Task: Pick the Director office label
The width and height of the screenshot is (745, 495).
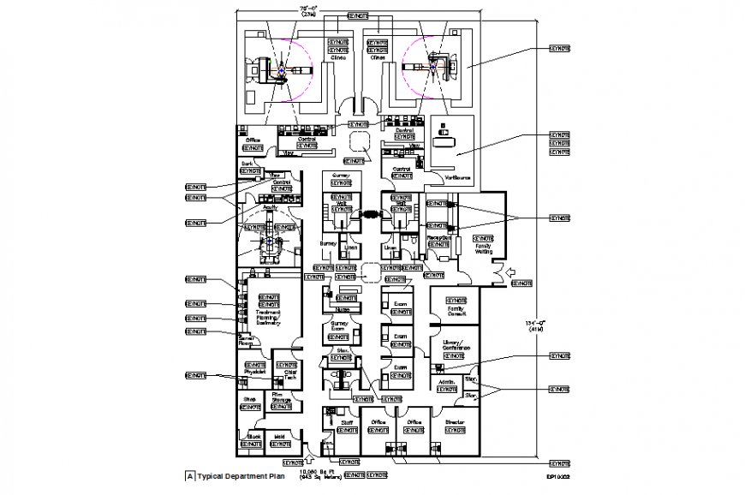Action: click(455, 422)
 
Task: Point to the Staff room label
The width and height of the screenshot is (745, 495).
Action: click(347, 422)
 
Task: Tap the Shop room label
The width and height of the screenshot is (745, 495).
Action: click(249, 399)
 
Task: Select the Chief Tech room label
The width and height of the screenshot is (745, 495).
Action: click(286, 375)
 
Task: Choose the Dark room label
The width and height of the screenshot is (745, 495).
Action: click(247, 163)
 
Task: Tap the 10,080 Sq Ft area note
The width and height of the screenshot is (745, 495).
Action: click(318, 472)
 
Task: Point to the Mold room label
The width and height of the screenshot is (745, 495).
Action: click(279, 436)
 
